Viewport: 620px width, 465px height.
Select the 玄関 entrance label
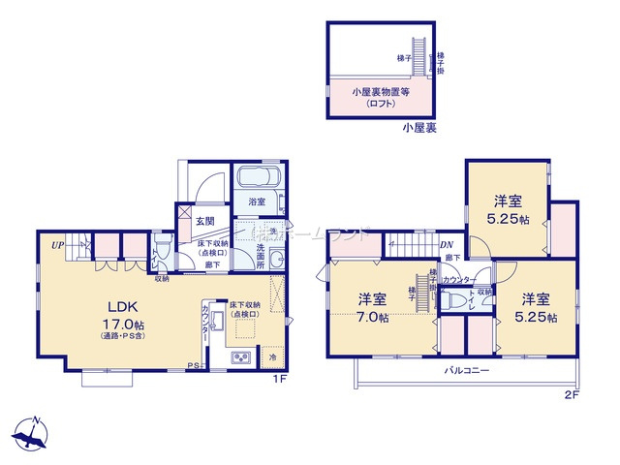point(205,222)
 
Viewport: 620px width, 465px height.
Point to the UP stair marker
point(59,246)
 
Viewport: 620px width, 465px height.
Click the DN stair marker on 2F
point(448,246)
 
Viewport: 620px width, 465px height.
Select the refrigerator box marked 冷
point(274,358)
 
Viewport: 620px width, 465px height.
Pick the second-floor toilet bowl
point(449,300)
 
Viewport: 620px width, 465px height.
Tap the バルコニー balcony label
point(468,371)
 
